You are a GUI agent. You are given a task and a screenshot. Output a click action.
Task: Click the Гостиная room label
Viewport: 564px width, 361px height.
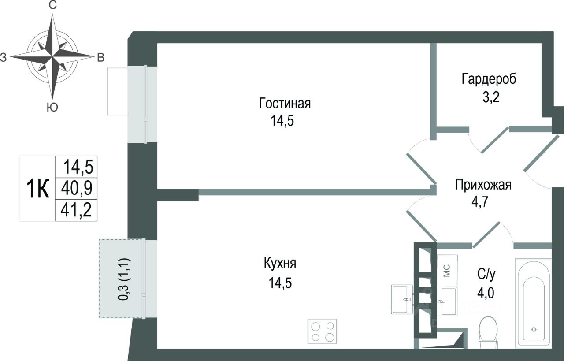coord(285,104)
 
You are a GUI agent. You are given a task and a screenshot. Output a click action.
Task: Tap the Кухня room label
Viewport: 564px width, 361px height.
coord(280,264)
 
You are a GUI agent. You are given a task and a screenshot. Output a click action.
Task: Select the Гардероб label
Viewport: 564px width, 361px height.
coord(489,79)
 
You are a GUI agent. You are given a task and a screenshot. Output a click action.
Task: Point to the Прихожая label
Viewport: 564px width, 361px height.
coord(483,185)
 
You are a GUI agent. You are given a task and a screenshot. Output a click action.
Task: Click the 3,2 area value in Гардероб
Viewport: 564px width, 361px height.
coord(489,96)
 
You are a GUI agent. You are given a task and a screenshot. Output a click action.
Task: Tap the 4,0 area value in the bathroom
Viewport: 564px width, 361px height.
coord(486,293)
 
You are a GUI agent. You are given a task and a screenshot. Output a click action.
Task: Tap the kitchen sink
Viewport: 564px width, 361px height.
coord(402,299)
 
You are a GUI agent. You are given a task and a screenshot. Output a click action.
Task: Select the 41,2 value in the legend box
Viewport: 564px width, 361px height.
coord(77,211)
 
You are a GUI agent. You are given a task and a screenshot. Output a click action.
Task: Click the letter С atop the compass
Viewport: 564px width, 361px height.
coord(52,6)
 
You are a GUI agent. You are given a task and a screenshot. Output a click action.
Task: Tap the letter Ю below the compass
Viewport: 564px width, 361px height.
coord(52,108)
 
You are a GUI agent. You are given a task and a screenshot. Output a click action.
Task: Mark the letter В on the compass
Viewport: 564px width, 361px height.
coord(100,57)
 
